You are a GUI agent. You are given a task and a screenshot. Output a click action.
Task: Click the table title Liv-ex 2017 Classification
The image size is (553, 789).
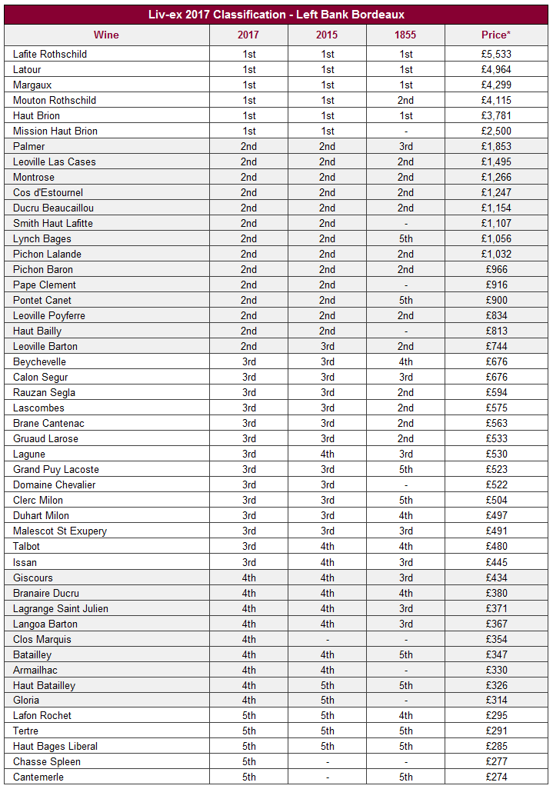click(x=276, y=15)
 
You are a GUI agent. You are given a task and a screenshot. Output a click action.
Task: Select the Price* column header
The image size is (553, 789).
click(x=496, y=35)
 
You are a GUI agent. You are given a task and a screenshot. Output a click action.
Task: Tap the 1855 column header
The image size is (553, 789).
click(x=405, y=35)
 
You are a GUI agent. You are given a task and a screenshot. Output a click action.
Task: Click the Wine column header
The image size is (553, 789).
click(x=106, y=35)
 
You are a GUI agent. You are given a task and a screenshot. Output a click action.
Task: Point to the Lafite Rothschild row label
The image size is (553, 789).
click(x=50, y=54)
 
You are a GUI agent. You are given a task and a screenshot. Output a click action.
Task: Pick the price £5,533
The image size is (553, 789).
click(x=496, y=54)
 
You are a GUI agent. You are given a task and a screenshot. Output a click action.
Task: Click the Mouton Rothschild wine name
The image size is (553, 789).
click(x=55, y=100)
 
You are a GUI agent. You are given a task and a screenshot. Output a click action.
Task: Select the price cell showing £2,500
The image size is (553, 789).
click(x=496, y=131)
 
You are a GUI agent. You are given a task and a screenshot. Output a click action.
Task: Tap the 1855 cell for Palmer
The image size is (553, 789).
click(x=405, y=146)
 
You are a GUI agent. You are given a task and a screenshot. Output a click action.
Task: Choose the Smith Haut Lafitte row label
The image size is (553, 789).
click(x=53, y=223)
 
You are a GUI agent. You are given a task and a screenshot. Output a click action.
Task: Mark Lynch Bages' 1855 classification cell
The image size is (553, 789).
click(x=405, y=238)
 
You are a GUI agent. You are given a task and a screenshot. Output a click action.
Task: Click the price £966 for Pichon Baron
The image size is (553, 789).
click(x=496, y=269)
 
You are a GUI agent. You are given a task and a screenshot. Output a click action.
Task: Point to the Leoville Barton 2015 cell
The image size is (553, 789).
click(x=327, y=346)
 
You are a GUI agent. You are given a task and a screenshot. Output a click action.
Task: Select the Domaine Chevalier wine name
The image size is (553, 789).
click(x=55, y=484)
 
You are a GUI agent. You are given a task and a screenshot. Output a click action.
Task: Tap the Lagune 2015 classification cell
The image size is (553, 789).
click(x=327, y=454)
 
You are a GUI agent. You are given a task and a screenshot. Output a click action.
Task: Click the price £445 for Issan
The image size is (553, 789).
click(x=496, y=562)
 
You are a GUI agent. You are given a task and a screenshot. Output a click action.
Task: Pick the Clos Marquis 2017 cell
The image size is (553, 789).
click(x=248, y=639)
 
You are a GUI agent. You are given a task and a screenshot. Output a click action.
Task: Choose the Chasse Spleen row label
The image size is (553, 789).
click(x=47, y=761)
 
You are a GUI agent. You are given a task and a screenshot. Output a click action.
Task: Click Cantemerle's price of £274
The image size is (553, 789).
click(x=496, y=777)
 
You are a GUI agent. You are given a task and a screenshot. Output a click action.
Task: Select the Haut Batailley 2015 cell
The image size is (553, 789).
click(x=327, y=685)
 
